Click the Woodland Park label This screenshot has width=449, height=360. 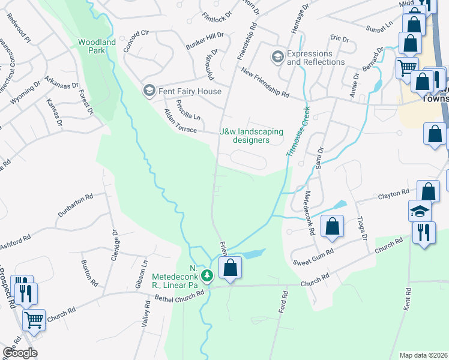pos(96,46)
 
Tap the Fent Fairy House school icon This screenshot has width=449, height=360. pos(148,91)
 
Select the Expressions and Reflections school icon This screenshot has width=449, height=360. pos(277,57)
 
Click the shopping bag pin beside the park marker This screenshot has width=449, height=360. pos(230,268)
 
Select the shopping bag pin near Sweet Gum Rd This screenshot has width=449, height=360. pos(332,226)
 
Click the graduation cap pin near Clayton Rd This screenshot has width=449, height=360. pos(420,211)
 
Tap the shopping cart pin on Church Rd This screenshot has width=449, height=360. pos(34,319)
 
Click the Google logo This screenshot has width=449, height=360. pos(20,353)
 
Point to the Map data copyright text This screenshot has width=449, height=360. pos(423,355)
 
